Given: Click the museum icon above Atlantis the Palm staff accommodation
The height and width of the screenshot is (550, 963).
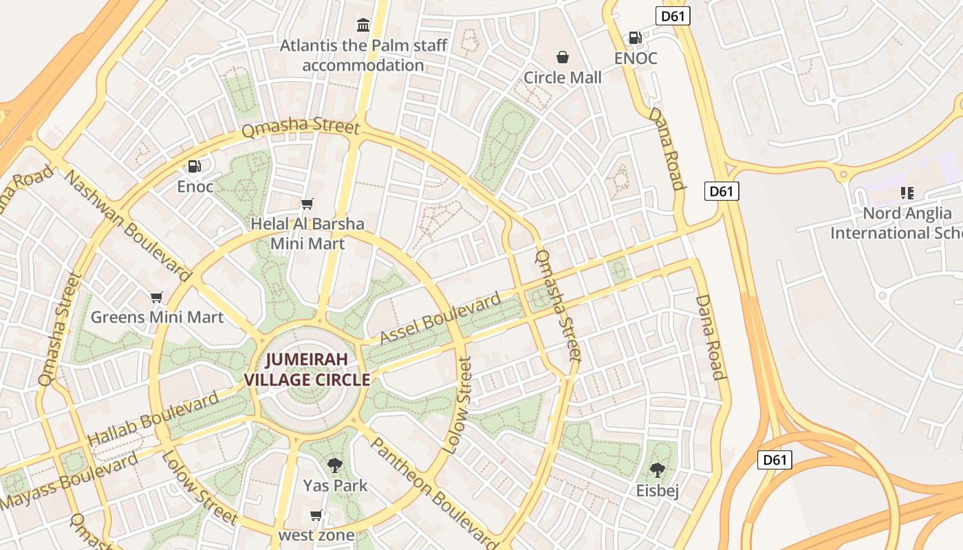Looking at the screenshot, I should (363, 25).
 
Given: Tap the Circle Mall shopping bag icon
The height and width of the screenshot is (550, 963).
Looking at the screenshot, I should (563, 57).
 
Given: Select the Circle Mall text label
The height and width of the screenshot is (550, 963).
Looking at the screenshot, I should (563, 78).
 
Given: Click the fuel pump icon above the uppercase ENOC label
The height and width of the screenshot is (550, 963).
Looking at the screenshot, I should (636, 38).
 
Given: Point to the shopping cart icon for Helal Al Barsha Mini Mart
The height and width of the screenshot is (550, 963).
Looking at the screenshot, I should (307, 203).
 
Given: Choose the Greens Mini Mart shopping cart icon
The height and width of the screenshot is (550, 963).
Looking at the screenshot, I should (157, 297).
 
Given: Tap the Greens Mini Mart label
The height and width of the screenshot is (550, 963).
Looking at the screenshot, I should (157, 317).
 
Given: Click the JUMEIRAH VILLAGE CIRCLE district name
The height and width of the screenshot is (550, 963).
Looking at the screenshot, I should (307, 369).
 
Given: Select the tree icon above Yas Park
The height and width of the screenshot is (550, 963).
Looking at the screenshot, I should (335, 465).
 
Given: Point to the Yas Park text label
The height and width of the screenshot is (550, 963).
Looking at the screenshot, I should (335, 485).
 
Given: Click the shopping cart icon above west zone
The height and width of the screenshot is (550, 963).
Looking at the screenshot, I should (316, 515).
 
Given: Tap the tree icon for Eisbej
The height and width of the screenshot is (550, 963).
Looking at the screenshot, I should (658, 470).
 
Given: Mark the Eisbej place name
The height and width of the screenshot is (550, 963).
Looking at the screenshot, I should (658, 490).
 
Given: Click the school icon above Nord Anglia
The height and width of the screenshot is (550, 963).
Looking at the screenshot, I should (907, 193).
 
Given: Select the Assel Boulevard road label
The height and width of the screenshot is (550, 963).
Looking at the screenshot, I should (441, 318).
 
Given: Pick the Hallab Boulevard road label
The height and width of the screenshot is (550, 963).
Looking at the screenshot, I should (153, 418).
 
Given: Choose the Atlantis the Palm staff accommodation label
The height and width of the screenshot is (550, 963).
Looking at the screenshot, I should (363, 56).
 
